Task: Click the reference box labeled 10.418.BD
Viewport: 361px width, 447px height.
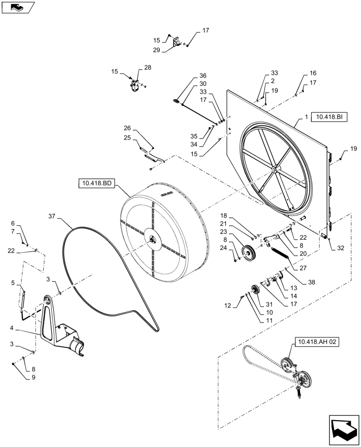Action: pyautogui.click(x=97, y=183)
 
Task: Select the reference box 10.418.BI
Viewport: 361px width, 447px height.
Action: pyautogui.click(x=327, y=117)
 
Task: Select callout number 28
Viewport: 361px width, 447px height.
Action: pyautogui.click(x=148, y=67)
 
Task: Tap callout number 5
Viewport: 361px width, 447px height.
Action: pyautogui.click(x=13, y=283)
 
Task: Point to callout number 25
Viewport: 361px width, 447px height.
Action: pyautogui.click(x=127, y=138)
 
